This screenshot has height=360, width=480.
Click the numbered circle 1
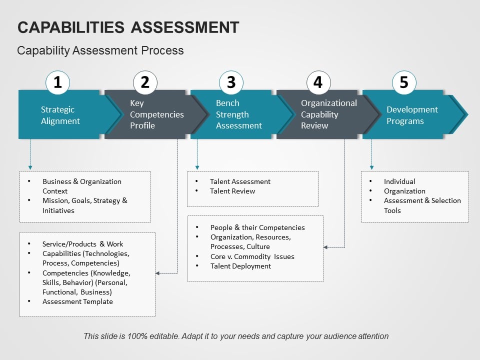(58, 82)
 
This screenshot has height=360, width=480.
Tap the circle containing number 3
(231, 82)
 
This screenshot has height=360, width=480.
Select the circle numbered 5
(404, 82)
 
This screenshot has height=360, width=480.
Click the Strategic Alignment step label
(60, 115)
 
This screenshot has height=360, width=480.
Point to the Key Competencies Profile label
(156, 114)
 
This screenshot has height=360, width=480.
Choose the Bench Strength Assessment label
(238, 114)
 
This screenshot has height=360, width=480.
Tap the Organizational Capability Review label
(328, 114)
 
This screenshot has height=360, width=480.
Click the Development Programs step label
(411, 115)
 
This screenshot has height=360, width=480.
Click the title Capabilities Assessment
(128, 27)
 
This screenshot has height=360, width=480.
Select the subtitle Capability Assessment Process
(100, 50)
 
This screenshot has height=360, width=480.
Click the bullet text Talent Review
(232, 191)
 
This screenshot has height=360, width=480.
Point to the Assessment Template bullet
(77, 301)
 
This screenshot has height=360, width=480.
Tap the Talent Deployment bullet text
(240, 266)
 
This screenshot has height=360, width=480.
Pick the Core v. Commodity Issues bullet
(252, 256)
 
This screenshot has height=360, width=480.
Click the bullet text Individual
(399, 181)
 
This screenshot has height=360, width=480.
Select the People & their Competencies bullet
(257, 227)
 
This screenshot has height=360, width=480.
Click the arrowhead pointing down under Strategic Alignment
(30, 166)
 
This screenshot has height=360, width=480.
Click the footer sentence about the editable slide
(236, 336)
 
